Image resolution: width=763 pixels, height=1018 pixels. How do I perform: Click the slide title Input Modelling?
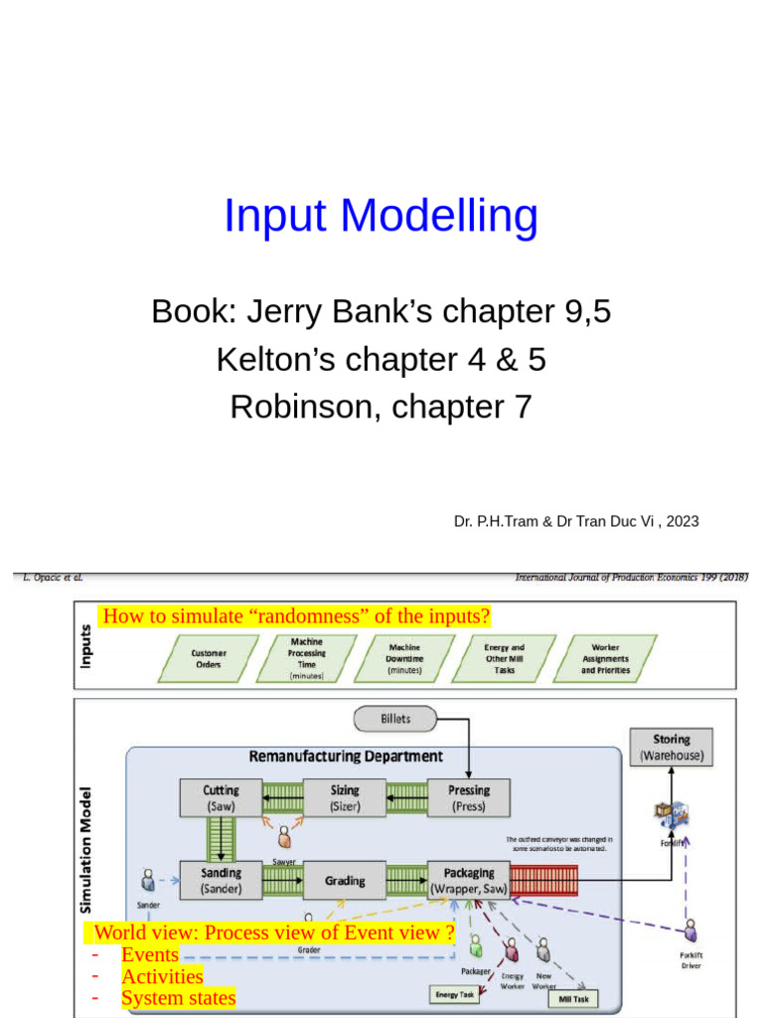[381, 216]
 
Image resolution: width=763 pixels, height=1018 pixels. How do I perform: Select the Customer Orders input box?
[208, 658]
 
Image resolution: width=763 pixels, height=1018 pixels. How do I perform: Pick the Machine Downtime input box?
[405, 658]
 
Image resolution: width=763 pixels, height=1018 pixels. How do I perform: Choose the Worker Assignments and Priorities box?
[605, 658]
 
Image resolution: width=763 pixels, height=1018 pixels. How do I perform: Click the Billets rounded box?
[395, 718]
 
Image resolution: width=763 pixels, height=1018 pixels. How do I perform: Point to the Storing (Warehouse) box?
[672, 747]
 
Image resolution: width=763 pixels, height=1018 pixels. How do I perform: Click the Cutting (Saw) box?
[221, 798]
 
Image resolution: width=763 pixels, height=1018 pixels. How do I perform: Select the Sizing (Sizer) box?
[345, 798]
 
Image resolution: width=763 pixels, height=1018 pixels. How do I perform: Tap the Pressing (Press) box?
[469, 798]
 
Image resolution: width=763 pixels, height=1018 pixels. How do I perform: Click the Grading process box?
[345, 880]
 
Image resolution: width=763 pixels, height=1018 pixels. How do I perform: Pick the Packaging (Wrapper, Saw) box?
[469, 880]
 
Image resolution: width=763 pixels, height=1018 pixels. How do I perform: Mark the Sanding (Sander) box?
[221, 880]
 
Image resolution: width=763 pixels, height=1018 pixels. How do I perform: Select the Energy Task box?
[455, 993]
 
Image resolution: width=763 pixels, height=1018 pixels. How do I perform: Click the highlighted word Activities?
[162, 976]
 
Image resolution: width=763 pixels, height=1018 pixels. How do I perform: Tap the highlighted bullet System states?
[179, 998]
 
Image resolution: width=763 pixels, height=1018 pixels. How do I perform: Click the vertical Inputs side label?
[86, 646]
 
